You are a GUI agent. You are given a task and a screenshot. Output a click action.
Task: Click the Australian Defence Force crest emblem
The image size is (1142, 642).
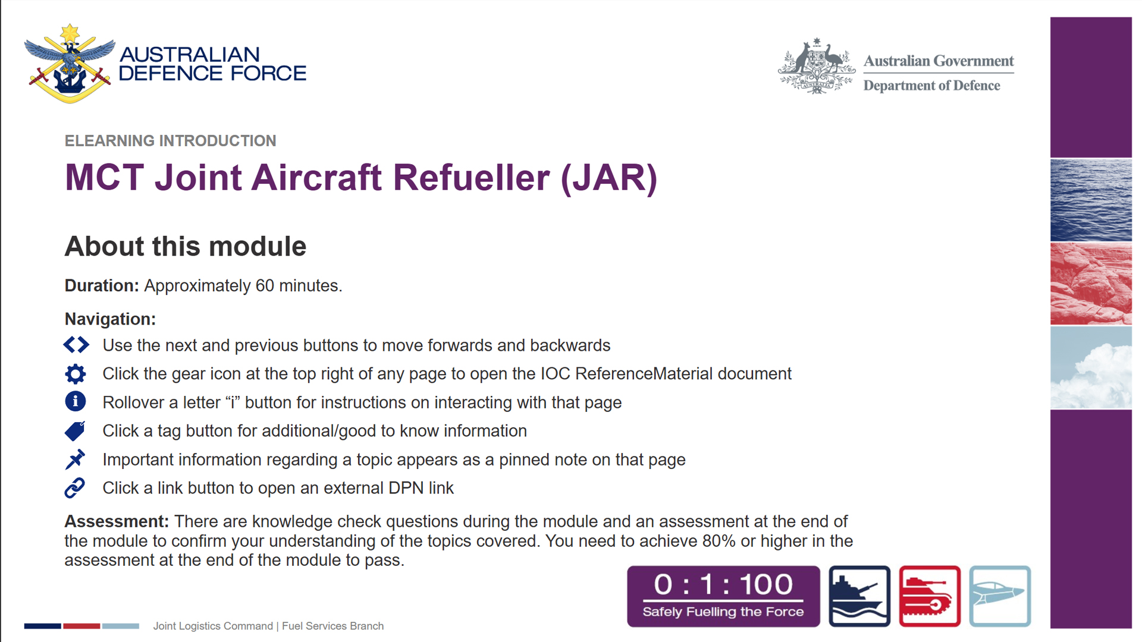click(70, 64)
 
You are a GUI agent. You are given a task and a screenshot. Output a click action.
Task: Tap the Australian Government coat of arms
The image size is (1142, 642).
click(817, 66)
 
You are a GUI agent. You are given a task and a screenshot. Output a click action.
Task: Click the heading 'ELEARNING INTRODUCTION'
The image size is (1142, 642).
click(170, 141)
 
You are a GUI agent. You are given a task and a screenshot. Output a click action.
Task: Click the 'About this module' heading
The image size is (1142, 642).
click(185, 246)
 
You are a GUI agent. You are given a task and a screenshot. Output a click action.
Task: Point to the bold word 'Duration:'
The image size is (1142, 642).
click(102, 286)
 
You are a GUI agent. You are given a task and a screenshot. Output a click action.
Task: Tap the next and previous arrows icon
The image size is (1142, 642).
click(76, 345)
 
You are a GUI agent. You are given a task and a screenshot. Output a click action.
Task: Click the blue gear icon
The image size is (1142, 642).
click(76, 374)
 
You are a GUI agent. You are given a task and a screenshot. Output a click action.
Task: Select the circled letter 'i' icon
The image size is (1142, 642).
click(76, 402)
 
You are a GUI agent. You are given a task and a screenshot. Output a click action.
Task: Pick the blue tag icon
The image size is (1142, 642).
click(75, 431)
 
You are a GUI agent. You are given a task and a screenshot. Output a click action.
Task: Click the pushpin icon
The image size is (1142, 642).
click(75, 460)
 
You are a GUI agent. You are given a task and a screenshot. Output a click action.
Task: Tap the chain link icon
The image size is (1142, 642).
click(75, 488)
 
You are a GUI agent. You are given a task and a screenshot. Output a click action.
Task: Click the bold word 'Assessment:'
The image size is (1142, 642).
click(117, 521)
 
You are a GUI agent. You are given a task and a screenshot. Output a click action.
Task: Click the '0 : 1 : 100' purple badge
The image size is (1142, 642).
click(723, 596)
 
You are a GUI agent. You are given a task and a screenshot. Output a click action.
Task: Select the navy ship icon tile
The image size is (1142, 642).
click(859, 596)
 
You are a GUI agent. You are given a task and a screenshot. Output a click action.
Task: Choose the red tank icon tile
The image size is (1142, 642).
click(930, 596)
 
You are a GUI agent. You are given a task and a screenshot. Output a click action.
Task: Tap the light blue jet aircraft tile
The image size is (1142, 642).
click(1000, 596)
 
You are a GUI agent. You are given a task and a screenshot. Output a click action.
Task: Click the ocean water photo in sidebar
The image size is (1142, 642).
click(1091, 200)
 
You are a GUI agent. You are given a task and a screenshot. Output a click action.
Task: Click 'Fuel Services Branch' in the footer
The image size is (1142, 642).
click(332, 626)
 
